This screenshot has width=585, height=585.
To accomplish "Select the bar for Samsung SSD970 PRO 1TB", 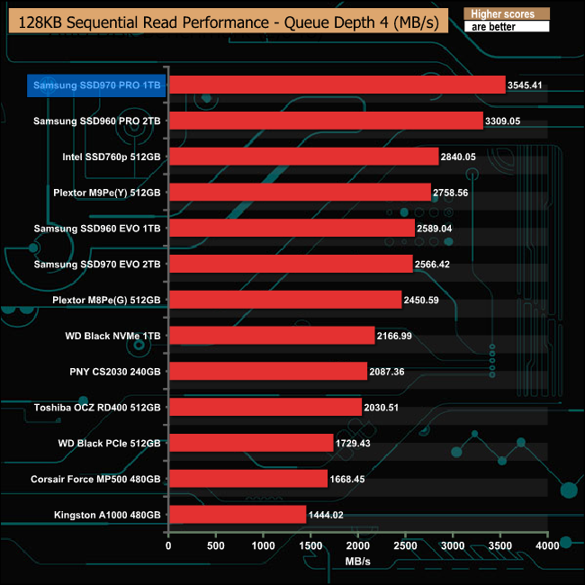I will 337,85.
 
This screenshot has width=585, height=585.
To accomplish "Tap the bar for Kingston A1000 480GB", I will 237,515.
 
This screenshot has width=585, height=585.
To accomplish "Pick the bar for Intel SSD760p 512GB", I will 303,157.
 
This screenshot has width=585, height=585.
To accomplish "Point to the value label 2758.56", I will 455,193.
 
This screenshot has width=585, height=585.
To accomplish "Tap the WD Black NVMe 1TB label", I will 113,336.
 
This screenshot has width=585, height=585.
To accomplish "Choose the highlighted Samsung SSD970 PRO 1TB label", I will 97,85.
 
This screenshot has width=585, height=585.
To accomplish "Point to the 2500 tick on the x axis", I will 405,545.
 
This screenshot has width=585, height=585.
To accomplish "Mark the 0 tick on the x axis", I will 168,545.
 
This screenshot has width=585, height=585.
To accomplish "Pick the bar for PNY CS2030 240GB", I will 267,372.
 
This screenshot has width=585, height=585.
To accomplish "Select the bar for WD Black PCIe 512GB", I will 250,443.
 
